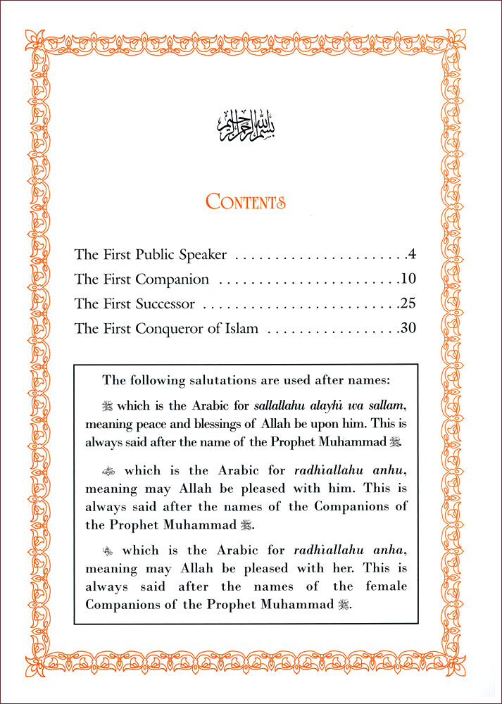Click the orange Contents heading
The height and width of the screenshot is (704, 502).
point(246,202)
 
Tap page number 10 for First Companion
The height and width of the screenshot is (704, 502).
point(408,279)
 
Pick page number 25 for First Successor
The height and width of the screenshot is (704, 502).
point(408,304)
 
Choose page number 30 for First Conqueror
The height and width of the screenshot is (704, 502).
point(408,329)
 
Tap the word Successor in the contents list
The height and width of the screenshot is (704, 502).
point(163,304)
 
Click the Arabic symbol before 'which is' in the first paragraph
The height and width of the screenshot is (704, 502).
point(107,406)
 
